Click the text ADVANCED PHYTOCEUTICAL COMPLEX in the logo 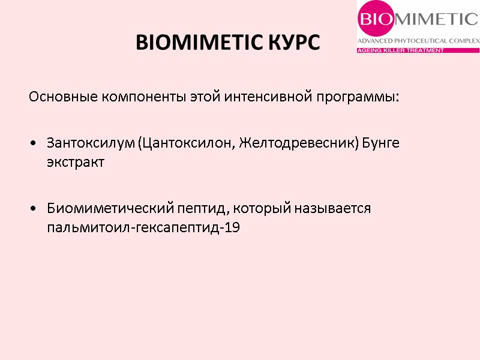pos(418,41)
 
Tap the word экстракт pos(76,163)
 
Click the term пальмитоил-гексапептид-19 pos(143,227)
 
